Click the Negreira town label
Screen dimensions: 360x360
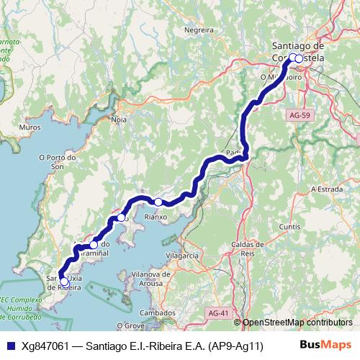click(x=199, y=30)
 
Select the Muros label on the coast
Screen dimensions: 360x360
click(x=31, y=127)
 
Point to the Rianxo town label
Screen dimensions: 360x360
click(x=156, y=215)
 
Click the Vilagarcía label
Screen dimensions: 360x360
click(x=181, y=256)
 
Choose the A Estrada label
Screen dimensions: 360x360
click(x=325, y=189)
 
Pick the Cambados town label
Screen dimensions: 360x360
click(x=158, y=313)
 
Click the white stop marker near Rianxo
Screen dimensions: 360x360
click(x=158, y=202)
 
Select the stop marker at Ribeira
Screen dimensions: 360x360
click(x=65, y=282)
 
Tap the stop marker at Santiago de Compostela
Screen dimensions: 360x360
click(x=297, y=58)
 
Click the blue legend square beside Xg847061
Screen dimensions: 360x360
click(x=9, y=346)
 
